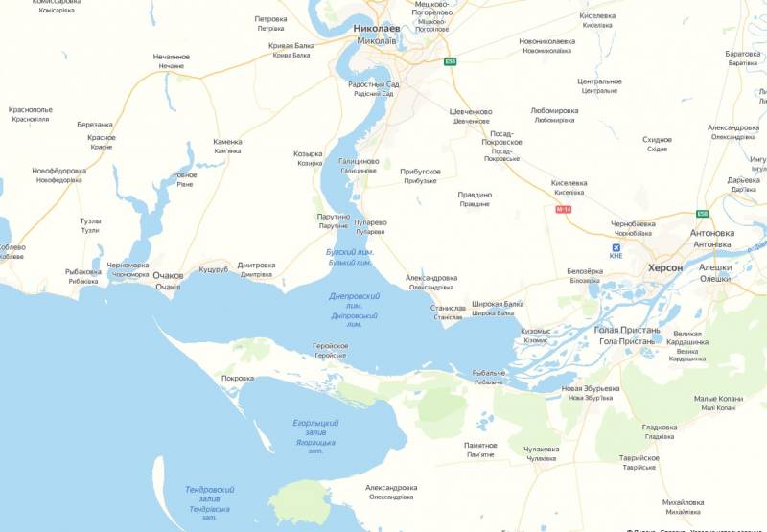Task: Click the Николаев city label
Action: pyautogui.click(x=375, y=29)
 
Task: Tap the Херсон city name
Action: pyautogui.click(x=665, y=267)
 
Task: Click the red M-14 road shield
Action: pyautogui.click(x=563, y=208)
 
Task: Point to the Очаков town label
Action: pyautogui.click(x=168, y=276)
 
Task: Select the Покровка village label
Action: pyautogui.click(x=238, y=378)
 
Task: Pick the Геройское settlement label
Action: pyautogui.click(x=330, y=346)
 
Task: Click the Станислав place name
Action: pyautogui.click(x=449, y=309)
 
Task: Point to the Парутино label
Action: pyautogui.click(x=333, y=217)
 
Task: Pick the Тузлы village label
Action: pyautogui.click(x=90, y=221)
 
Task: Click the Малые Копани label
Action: pyautogui.click(x=718, y=398)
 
